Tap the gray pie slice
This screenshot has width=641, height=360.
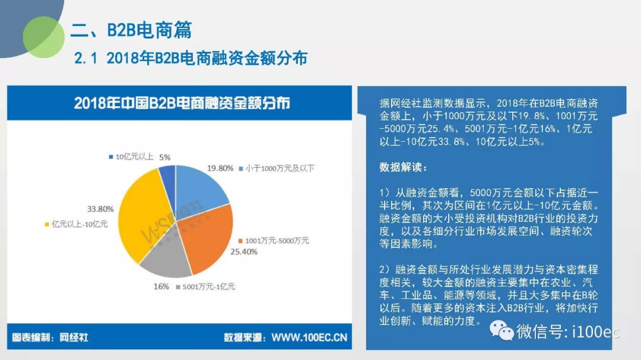166,253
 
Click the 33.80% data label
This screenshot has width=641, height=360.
100,209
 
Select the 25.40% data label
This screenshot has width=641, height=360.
244,251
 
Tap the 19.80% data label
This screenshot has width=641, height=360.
220,168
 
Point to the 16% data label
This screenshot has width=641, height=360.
161,286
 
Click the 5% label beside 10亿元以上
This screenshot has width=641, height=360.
165,157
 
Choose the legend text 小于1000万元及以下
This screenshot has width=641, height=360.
280,168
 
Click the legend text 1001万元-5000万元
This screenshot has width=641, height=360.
277,241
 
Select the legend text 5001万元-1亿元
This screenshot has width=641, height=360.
208,287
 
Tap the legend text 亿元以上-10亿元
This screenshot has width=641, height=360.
80,224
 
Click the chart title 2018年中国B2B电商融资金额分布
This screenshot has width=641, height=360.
182,103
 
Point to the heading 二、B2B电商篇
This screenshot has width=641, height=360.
131,30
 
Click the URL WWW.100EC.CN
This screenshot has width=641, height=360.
309,337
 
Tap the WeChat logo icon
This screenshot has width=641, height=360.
502,330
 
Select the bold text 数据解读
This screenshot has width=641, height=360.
403,167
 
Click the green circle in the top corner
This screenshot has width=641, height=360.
43,37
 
